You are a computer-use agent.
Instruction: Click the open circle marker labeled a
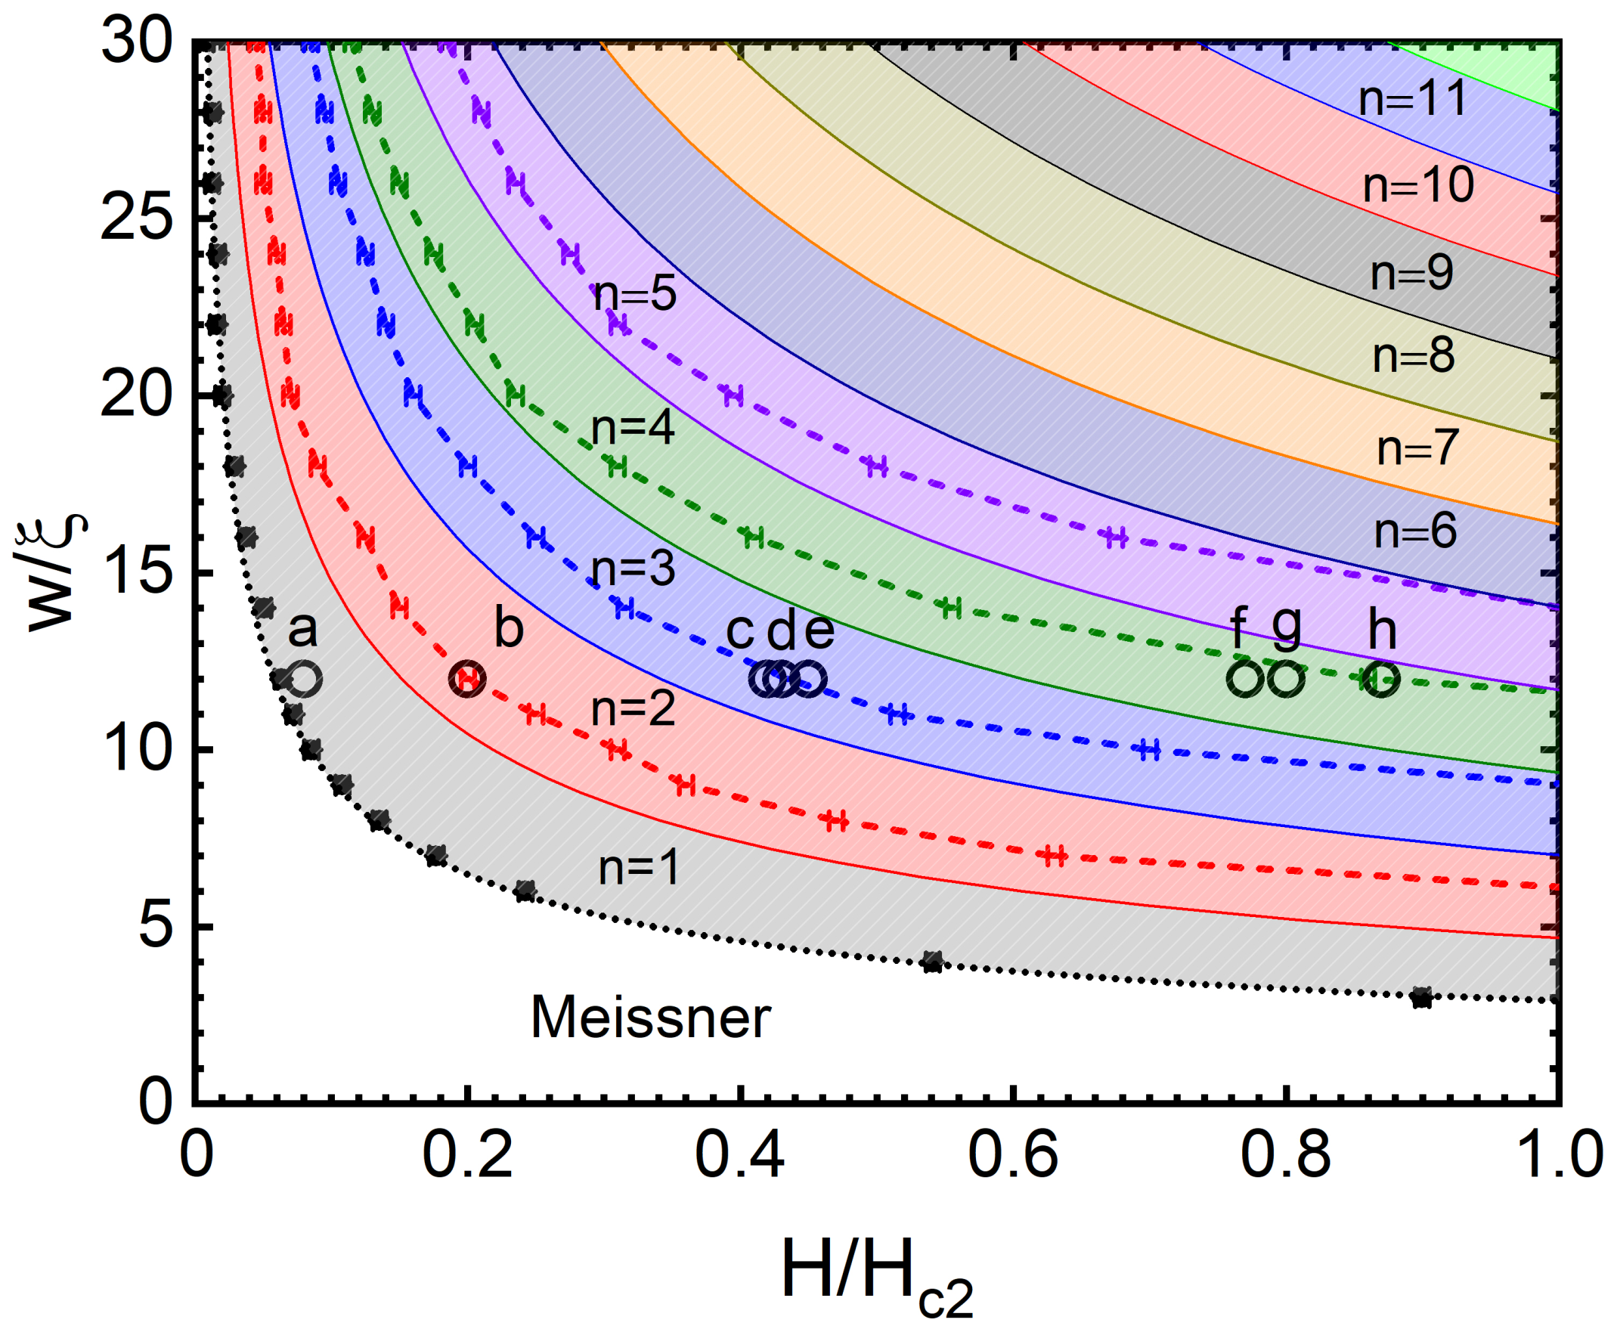coord(305,678)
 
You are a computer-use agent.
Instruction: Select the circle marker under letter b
coord(467,678)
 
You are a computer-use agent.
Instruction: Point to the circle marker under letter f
coord(1246,678)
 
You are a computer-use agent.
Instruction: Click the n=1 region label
coord(639,868)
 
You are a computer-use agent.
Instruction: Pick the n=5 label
coord(635,294)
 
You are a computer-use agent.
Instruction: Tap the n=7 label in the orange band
coord(1418,448)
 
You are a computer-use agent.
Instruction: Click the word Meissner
coord(651,1018)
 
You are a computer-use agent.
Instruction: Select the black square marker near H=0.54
coord(932,962)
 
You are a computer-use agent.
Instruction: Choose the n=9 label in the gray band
coord(1412,273)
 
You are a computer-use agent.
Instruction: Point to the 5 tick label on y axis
coord(156,927)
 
